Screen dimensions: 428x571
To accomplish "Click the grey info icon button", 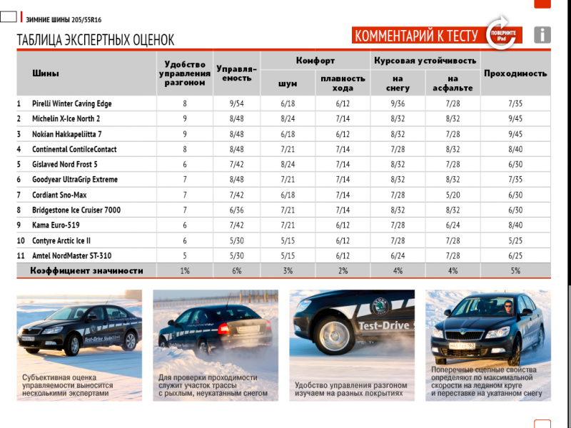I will [542, 34].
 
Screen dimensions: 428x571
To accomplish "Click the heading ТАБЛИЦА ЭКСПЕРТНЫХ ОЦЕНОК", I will [96, 41].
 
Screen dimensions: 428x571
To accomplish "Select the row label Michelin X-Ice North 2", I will [66, 118].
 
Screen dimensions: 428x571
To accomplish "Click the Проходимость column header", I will [515, 73].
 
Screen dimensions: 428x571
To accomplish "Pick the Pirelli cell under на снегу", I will [398, 103].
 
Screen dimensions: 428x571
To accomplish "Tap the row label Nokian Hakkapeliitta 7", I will [67, 134].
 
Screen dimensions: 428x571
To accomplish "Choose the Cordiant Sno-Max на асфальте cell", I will [453, 195].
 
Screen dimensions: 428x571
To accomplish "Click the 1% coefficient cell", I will [185, 271].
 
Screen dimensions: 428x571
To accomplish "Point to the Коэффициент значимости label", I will [86, 271].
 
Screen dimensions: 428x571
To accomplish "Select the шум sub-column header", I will [288, 83].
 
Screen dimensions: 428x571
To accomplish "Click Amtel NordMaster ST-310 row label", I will [71, 255].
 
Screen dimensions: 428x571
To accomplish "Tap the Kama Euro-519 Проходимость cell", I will [515, 225].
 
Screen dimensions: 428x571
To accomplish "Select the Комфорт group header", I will [315, 61].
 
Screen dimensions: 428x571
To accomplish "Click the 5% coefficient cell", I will [515, 271].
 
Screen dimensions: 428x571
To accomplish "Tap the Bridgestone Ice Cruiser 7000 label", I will [76, 210].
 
